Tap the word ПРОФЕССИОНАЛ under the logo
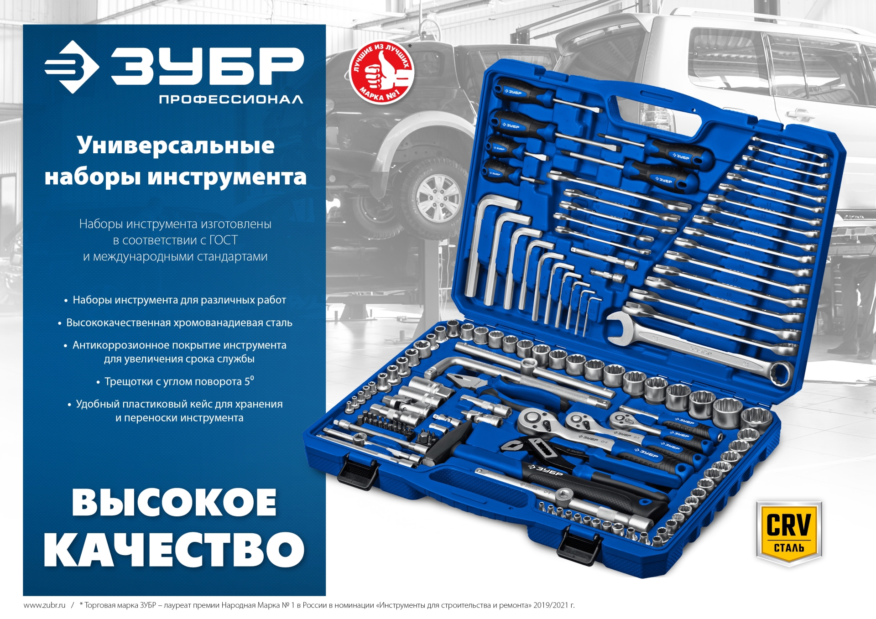(231, 99)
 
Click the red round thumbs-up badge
(381, 73)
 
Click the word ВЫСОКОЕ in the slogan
(174, 503)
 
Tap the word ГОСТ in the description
(223, 240)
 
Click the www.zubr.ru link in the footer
(44, 605)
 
